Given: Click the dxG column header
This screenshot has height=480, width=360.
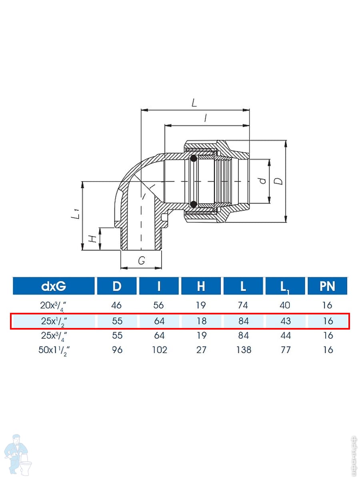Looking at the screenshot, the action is point(54,286).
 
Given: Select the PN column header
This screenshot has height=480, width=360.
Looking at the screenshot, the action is point(327,286).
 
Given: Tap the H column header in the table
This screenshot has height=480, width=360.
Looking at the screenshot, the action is point(201,286).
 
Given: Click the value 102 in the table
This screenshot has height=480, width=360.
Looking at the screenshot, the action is point(160,350).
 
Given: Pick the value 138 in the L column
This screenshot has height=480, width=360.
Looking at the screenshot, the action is point(244,350).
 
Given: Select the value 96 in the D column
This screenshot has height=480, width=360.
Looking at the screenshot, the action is point(117,350).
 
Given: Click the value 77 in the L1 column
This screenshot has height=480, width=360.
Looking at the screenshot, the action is point(286,350).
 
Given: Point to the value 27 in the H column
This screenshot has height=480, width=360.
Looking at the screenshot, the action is point(201,350).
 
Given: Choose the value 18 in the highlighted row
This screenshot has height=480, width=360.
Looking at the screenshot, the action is point(201,321).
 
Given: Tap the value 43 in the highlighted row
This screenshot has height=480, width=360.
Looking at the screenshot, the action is point(286,321).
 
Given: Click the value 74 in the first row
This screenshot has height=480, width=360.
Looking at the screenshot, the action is point(243,305).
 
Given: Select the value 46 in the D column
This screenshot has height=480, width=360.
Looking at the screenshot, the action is point(116,305).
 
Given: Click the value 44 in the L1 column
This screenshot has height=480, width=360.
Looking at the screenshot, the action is point(286,336).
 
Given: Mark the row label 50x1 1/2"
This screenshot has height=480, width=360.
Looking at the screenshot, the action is point(54,350).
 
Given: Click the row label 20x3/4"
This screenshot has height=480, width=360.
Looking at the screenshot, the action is point(54,306).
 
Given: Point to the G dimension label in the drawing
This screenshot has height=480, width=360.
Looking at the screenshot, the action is point(142,260).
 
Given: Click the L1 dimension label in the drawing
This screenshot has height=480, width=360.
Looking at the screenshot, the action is point(75,214).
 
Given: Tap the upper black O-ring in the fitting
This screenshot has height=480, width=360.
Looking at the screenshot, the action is point(194,158).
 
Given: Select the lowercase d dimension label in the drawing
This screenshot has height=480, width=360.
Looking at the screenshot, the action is point(263,181).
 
